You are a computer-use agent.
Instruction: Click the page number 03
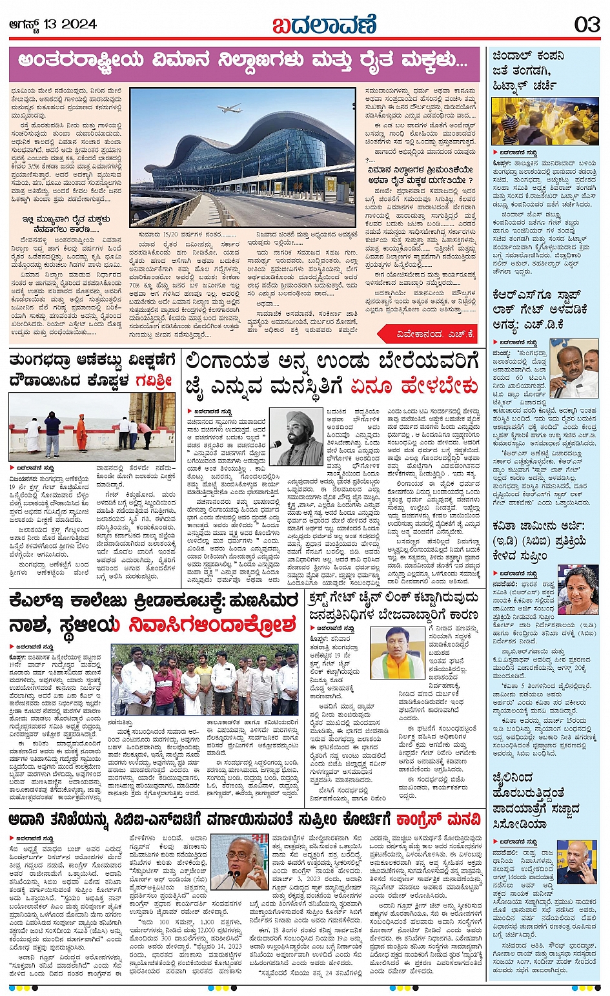tap(586, 25)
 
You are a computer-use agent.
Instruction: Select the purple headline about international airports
tap(243, 62)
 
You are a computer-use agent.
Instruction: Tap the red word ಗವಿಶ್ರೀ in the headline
tap(154, 381)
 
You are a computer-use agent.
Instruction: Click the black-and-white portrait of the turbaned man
tap(296, 437)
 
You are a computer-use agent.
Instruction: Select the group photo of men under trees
tap(205, 679)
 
